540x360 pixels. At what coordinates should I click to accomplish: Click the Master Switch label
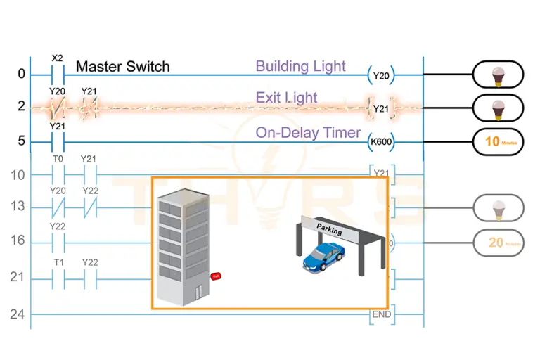122,67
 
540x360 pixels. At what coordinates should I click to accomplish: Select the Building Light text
300,66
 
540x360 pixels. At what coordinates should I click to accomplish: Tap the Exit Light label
286,97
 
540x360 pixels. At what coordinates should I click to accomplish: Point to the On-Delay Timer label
307,132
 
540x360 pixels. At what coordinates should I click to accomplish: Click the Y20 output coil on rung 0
380,74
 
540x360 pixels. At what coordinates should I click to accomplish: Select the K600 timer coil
380,142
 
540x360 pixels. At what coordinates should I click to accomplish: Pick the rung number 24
17,314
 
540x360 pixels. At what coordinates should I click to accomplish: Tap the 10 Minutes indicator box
497,141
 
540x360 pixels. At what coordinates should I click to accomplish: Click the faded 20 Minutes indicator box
497,243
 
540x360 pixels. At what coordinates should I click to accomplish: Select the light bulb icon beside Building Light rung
497,75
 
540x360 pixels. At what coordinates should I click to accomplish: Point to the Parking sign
330,230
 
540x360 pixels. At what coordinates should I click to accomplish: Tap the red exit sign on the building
216,276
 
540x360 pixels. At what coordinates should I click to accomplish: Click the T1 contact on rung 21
58,279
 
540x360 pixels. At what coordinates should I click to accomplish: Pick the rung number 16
17,240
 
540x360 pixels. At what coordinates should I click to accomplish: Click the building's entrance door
199,291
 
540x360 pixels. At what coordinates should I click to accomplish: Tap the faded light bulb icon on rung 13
497,207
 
